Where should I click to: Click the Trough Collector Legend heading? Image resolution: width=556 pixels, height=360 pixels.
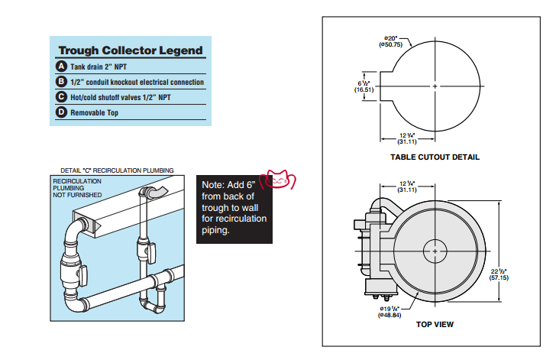tap(131, 50)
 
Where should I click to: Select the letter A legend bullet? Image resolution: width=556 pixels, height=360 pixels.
tap(62, 66)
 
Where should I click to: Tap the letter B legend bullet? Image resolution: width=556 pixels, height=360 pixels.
tap(62, 82)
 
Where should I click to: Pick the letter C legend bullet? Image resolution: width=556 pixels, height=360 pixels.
tap(62, 97)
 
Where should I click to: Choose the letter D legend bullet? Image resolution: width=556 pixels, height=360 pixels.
tap(62, 112)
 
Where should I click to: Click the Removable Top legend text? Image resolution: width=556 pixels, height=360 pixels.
tap(94, 113)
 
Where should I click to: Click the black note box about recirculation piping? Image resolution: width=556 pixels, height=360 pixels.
tap(234, 207)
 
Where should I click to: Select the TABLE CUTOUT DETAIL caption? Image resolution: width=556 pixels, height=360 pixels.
tap(435, 157)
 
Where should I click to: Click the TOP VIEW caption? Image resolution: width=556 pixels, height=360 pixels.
tap(435, 325)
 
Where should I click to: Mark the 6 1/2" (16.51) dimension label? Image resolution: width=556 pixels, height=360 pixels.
tap(364, 86)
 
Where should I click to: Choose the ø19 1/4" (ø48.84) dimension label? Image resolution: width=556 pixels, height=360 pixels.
tap(390, 311)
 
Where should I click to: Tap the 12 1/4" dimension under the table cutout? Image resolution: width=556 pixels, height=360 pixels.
tap(406, 139)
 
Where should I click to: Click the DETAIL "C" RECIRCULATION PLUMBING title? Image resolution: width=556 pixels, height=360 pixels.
tap(117, 170)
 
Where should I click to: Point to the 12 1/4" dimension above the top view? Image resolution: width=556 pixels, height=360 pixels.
tap(407, 186)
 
